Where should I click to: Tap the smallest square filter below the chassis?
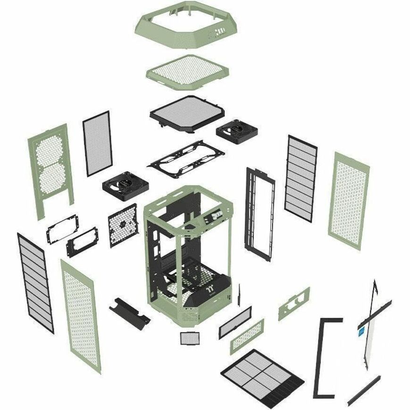click(188, 338)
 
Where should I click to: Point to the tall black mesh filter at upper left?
click(96, 143)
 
